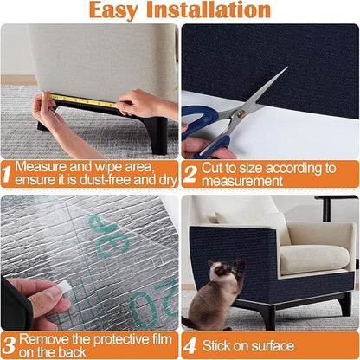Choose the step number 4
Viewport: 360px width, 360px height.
[189, 344]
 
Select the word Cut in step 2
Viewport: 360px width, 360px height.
[214, 165]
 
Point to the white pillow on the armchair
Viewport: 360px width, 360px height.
[252, 220]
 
